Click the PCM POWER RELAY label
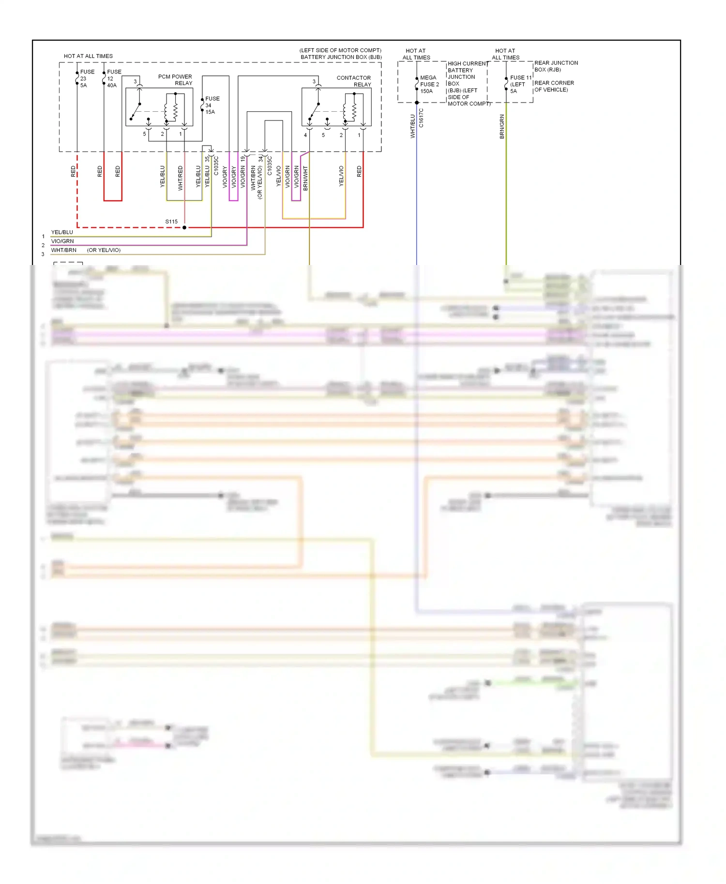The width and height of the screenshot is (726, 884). pyautogui.click(x=175, y=80)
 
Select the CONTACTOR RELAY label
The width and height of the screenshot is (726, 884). pyautogui.click(x=354, y=81)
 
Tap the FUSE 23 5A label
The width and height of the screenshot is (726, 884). pyautogui.click(x=87, y=78)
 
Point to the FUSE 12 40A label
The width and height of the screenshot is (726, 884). pyautogui.click(x=114, y=78)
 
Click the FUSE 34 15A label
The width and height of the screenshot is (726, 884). pyautogui.click(x=212, y=105)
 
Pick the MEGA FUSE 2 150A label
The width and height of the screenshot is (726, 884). pyautogui.click(x=429, y=84)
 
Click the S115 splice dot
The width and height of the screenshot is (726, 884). pyautogui.click(x=184, y=227)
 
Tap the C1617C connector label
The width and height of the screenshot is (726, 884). pyautogui.click(x=421, y=118)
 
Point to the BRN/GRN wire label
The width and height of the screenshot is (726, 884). pyautogui.click(x=502, y=127)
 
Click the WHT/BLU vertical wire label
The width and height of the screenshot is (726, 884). pyautogui.click(x=413, y=126)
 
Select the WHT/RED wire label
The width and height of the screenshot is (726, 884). pyautogui.click(x=181, y=177)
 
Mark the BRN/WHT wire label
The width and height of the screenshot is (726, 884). pyautogui.click(x=305, y=178)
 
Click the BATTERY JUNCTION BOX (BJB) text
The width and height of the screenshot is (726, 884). pyautogui.click(x=341, y=57)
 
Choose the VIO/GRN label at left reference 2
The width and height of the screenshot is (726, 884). pyautogui.click(x=62, y=241)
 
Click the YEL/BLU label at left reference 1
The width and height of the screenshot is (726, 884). pyautogui.click(x=62, y=232)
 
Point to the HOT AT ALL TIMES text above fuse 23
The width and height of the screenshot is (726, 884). pyautogui.click(x=88, y=56)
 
